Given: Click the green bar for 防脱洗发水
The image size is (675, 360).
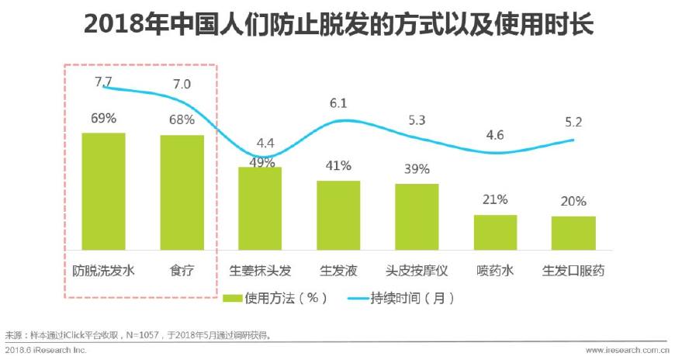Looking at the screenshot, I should [103, 191].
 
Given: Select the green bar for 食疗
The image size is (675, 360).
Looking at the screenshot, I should [182, 192].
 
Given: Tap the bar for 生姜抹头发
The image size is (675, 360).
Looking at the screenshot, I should [260, 208].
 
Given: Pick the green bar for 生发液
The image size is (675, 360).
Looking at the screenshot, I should [338, 215].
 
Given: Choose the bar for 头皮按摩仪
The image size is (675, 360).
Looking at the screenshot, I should [417, 216].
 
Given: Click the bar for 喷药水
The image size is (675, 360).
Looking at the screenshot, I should [495, 232].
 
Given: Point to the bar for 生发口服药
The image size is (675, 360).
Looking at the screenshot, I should [573, 233].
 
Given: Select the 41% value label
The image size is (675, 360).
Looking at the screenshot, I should [338, 166].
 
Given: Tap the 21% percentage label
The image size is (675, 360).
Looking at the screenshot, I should [495, 200].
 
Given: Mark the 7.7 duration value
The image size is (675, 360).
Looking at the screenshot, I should [104, 80].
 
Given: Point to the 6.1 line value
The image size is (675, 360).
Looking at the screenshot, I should [338, 103].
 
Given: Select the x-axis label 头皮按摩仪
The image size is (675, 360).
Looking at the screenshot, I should [417, 271].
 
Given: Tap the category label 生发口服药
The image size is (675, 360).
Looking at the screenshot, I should [573, 271].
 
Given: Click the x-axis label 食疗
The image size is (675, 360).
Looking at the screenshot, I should [182, 271].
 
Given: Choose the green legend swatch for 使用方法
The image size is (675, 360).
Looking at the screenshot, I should [232, 298].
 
